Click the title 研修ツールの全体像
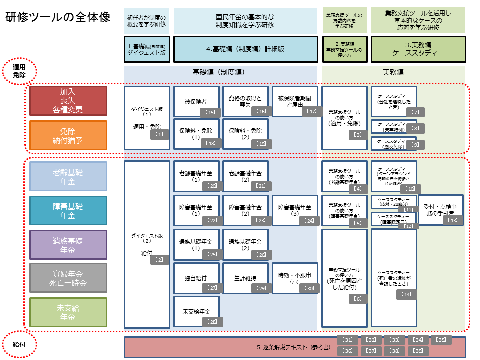click(x=58, y=17)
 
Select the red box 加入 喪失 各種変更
click(x=68, y=101)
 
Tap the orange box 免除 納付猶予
click(x=68, y=135)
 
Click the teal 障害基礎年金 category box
click(x=68, y=210)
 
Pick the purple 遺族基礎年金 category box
click(x=68, y=245)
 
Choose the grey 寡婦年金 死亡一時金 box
click(x=68, y=278)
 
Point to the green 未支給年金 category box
click(x=68, y=312)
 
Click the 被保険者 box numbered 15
click(x=196, y=102)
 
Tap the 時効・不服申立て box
click(x=295, y=278)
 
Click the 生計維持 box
click(x=245, y=278)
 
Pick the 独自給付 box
click(x=196, y=278)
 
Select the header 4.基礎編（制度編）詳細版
click(x=245, y=49)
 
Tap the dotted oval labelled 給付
click(x=19, y=345)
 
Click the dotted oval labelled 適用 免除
click(x=19, y=71)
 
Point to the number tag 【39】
click(x=418, y=351)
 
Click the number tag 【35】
click(x=441, y=340)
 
